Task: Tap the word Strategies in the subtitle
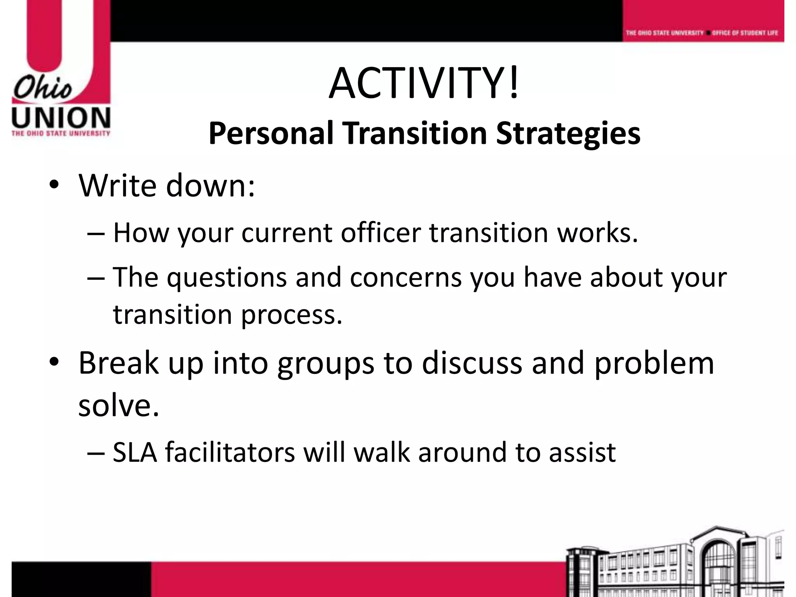pos(568,133)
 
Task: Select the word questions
pos(227,278)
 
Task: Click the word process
pos(292,314)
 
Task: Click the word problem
pos(654,363)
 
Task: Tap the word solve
pos(119,405)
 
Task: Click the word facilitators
pos(230,452)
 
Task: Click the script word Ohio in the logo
pos(43,88)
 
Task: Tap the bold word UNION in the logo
pos(61,118)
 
